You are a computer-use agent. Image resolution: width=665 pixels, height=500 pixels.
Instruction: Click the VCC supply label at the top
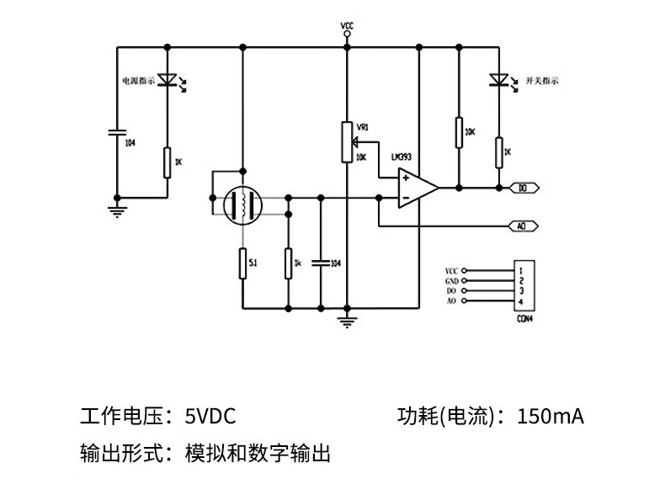tap(347, 26)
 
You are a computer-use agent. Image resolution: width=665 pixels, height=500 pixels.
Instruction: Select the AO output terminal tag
tap(521, 226)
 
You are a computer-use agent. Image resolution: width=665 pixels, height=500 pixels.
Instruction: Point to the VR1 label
tap(363, 126)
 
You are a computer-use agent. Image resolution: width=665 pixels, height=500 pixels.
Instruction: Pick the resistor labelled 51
tap(242, 263)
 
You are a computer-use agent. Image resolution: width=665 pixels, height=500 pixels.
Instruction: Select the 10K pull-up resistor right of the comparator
tap(459, 132)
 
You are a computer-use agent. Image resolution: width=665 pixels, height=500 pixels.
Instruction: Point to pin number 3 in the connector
tap(522, 290)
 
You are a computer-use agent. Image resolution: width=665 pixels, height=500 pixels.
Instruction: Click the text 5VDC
tap(210, 416)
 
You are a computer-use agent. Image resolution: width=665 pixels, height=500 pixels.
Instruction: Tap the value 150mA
tap(551, 416)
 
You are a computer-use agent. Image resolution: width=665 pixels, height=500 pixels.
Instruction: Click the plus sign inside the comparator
tap(406, 178)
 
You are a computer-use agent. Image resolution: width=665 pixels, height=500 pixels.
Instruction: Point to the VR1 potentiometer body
tap(346, 141)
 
